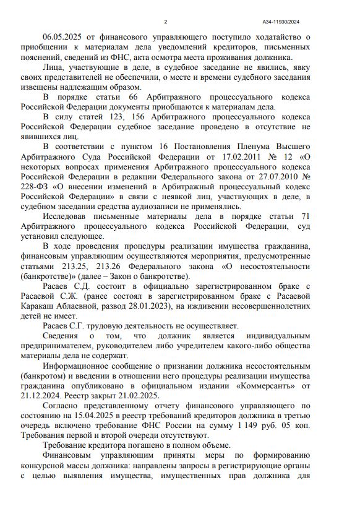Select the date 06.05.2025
(64, 37)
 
